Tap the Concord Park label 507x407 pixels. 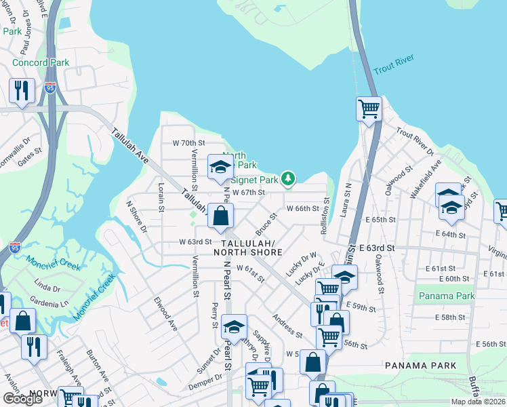(41, 62)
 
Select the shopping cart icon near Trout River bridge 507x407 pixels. (369, 108)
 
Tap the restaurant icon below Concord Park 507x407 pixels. (22, 90)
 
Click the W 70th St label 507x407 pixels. (188, 143)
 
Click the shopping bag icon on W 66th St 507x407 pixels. (221, 216)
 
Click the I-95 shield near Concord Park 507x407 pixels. (50, 88)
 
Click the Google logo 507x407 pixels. (22, 398)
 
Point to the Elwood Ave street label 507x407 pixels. (165, 314)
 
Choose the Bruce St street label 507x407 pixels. (266, 221)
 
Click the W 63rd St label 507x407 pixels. (195, 241)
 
